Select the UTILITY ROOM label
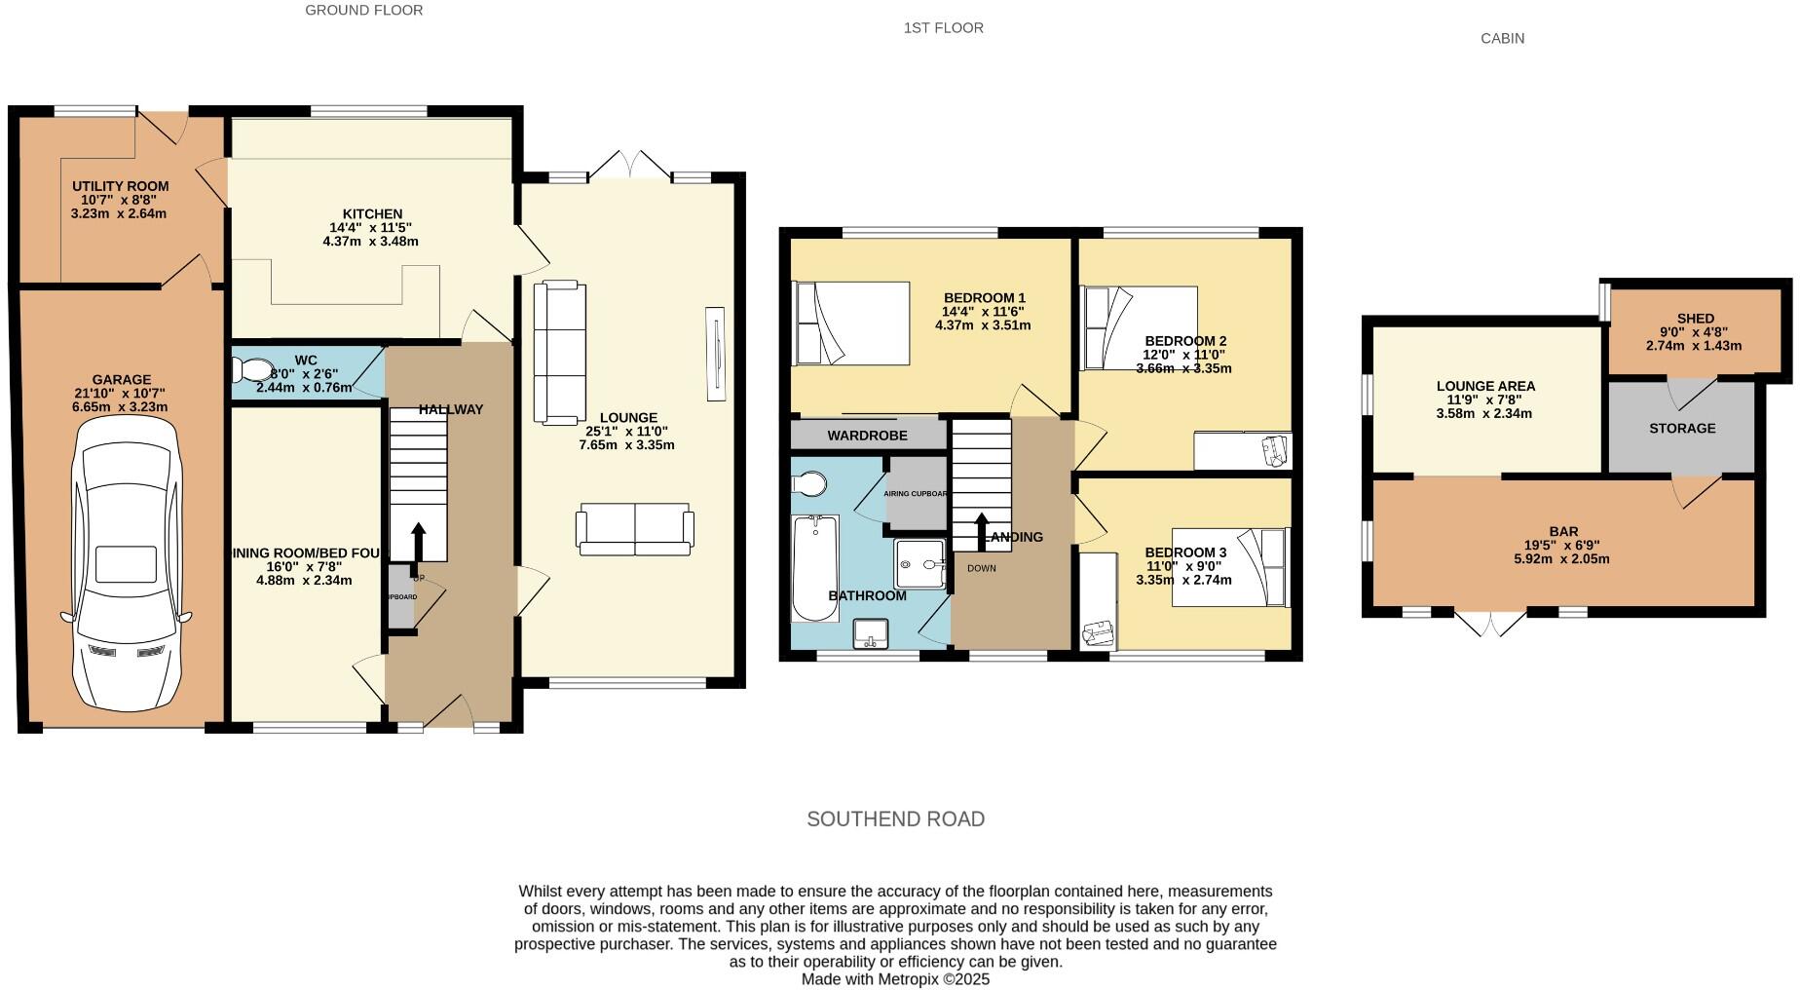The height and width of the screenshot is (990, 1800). [x=120, y=186]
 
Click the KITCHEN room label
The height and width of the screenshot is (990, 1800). [x=372, y=214]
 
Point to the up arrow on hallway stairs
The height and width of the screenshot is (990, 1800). [x=419, y=539]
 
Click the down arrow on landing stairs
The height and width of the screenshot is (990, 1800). [x=981, y=530]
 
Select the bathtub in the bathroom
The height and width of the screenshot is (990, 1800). [x=815, y=569]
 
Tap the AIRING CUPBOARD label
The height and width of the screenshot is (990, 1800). [x=916, y=493]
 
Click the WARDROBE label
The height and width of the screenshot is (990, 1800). [x=867, y=436]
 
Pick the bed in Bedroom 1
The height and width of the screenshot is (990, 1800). [x=852, y=324]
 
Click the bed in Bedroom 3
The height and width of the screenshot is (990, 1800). [x=1230, y=567]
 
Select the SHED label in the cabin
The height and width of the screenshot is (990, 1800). [x=1695, y=319]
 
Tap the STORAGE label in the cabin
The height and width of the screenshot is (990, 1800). [x=1682, y=428]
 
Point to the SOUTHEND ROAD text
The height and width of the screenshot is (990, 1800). [x=895, y=819]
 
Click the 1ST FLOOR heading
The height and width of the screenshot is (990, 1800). [x=943, y=28]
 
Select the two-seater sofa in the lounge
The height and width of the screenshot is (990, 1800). [x=635, y=530]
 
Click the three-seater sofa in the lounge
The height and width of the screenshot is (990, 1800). [x=560, y=353]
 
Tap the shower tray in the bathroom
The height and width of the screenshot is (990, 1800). [x=920, y=564]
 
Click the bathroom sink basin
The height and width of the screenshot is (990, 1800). [x=872, y=633]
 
